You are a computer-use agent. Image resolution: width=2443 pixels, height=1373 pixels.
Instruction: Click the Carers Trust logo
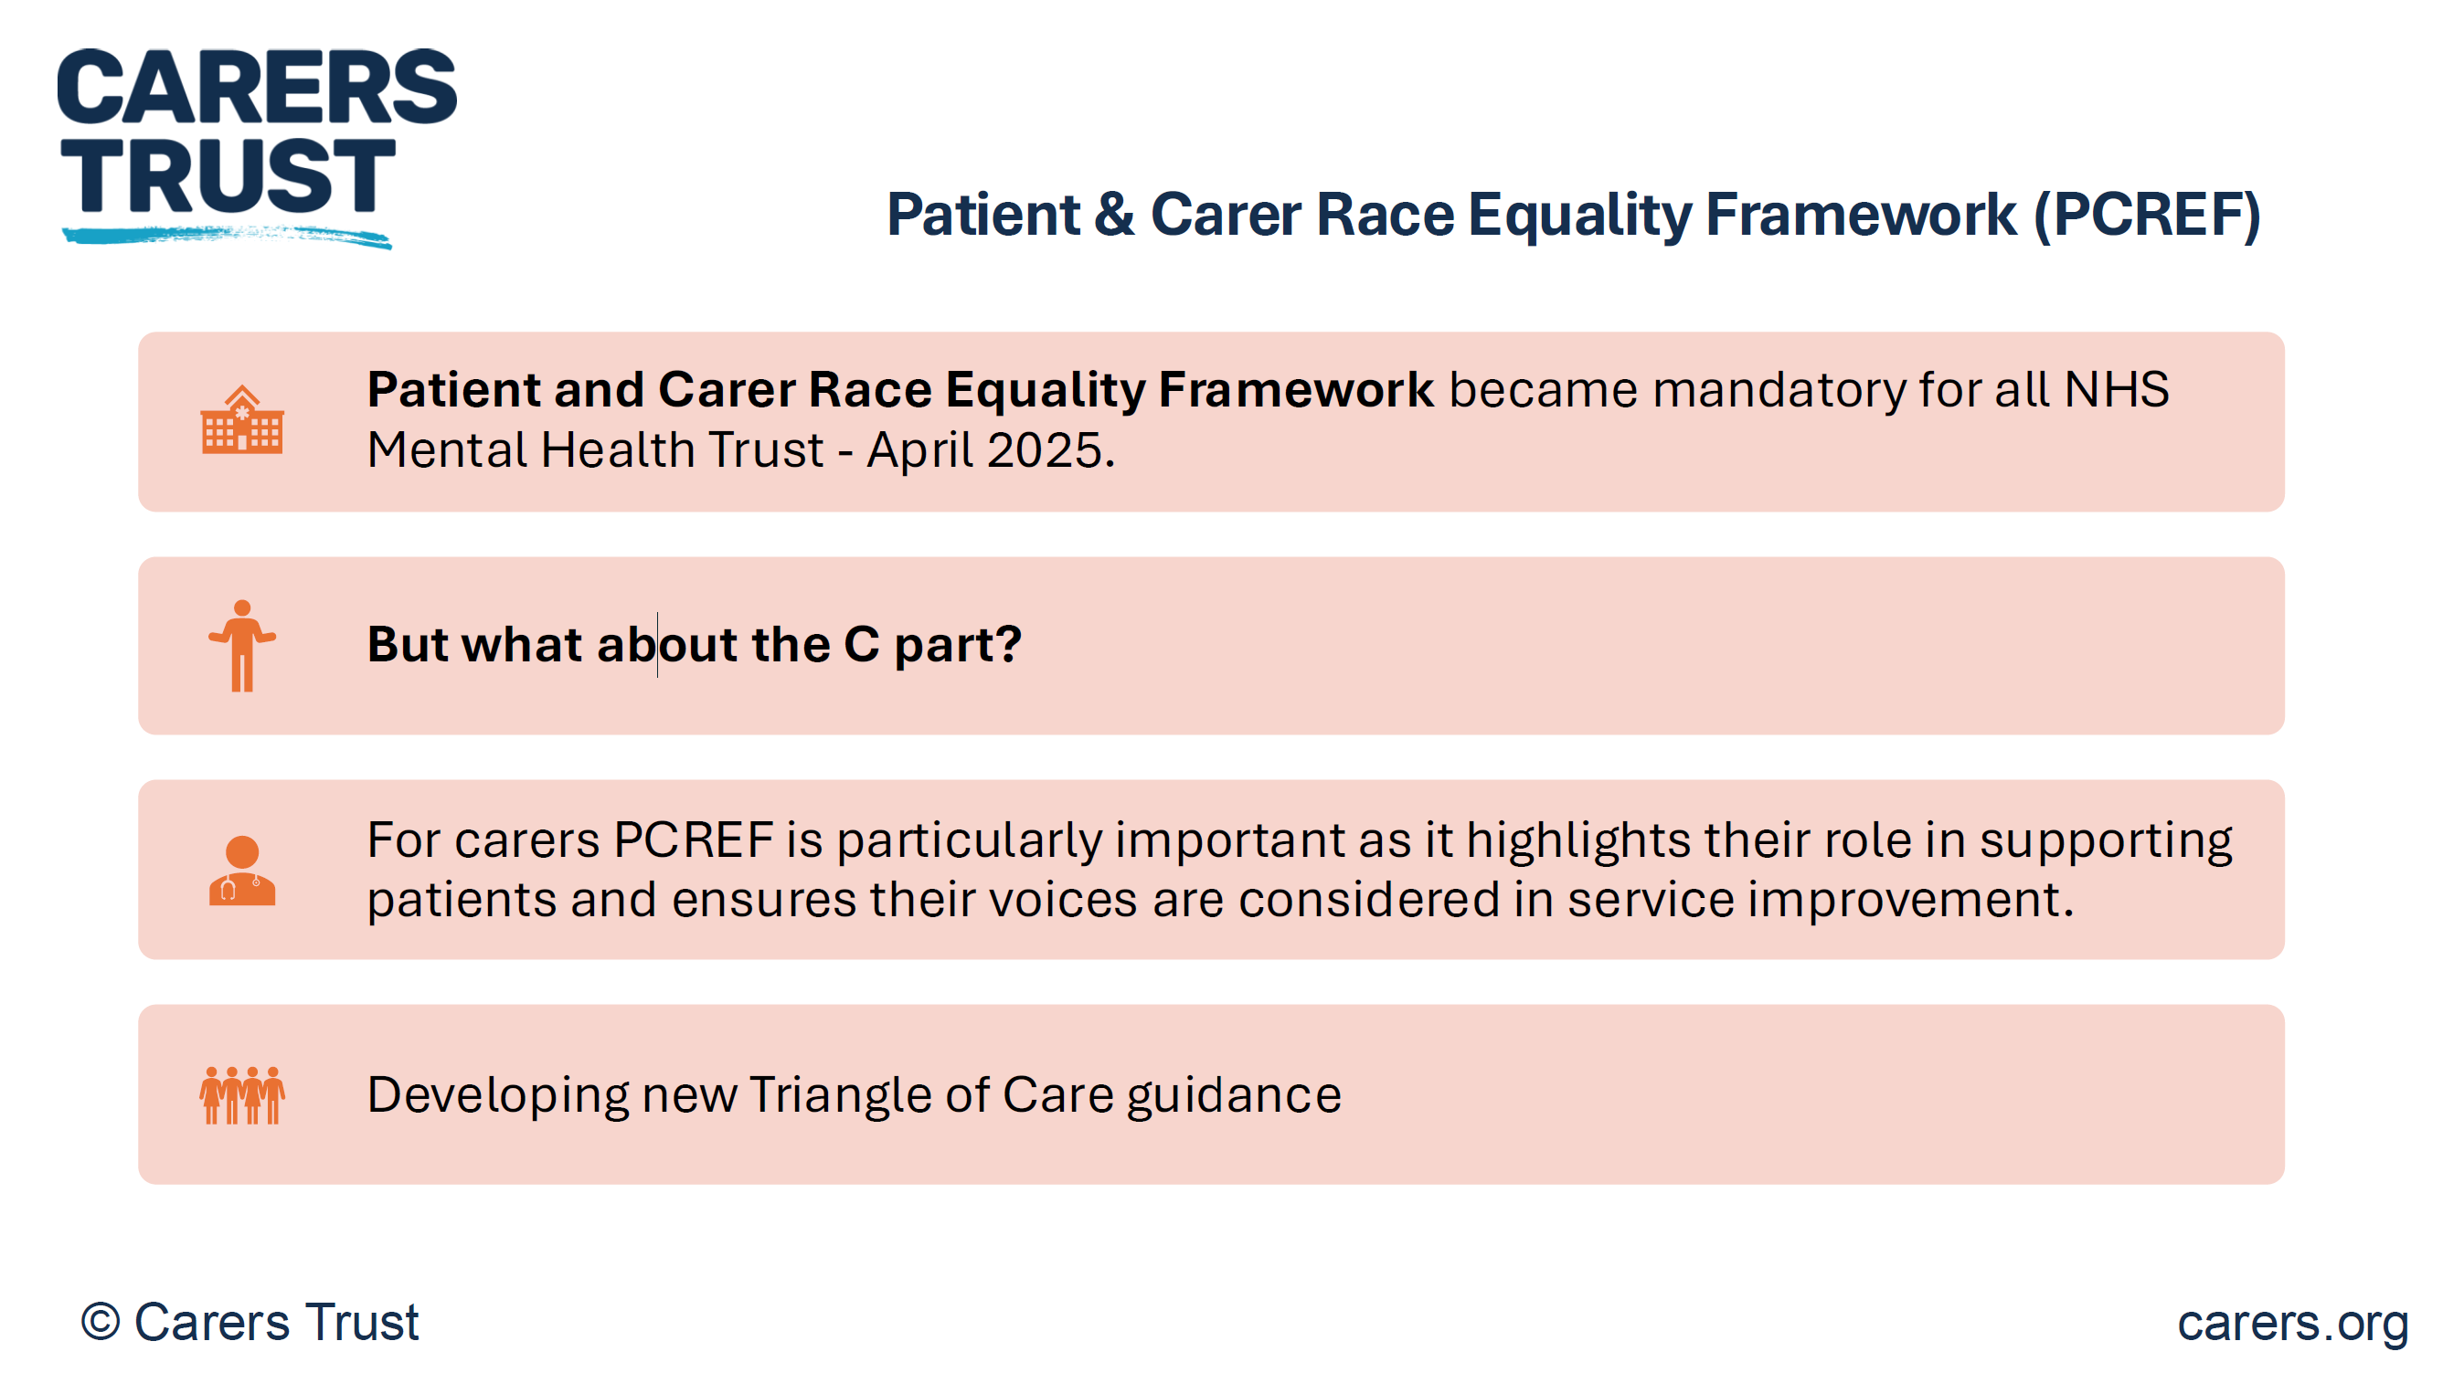click(x=256, y=147)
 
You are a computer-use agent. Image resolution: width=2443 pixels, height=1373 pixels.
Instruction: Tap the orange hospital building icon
click(x=242, y=419)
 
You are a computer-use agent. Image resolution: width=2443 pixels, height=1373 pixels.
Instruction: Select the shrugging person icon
click(x=242, y=646)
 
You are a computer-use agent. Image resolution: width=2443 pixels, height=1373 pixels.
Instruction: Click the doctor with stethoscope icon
click(x=242, y=871)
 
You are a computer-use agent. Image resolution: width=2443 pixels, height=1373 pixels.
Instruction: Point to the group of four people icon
click(x=242, y=1095)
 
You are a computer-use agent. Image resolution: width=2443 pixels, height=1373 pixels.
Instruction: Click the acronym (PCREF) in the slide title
click(x=2147, y=216)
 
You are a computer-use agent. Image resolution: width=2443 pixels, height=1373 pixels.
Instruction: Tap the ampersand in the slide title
click(x=1114, y=215)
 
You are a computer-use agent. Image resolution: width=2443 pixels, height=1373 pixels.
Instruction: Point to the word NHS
click(x=2117, y=389)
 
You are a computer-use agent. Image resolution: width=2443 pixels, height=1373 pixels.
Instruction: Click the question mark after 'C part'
click(x=1008, y=644)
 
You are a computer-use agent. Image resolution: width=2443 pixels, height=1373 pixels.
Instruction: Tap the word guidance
click(x=1234, y=1096)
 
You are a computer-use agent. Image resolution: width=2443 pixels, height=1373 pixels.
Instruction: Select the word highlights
click(x=1578, y=841)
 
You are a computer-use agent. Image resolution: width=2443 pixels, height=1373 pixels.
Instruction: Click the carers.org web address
click(x=2293, y=1323)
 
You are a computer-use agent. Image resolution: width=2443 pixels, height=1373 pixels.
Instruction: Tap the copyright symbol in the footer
click(x=101, y=1322)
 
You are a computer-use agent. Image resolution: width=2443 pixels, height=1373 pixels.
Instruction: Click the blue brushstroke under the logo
click(x=228, y=235)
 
